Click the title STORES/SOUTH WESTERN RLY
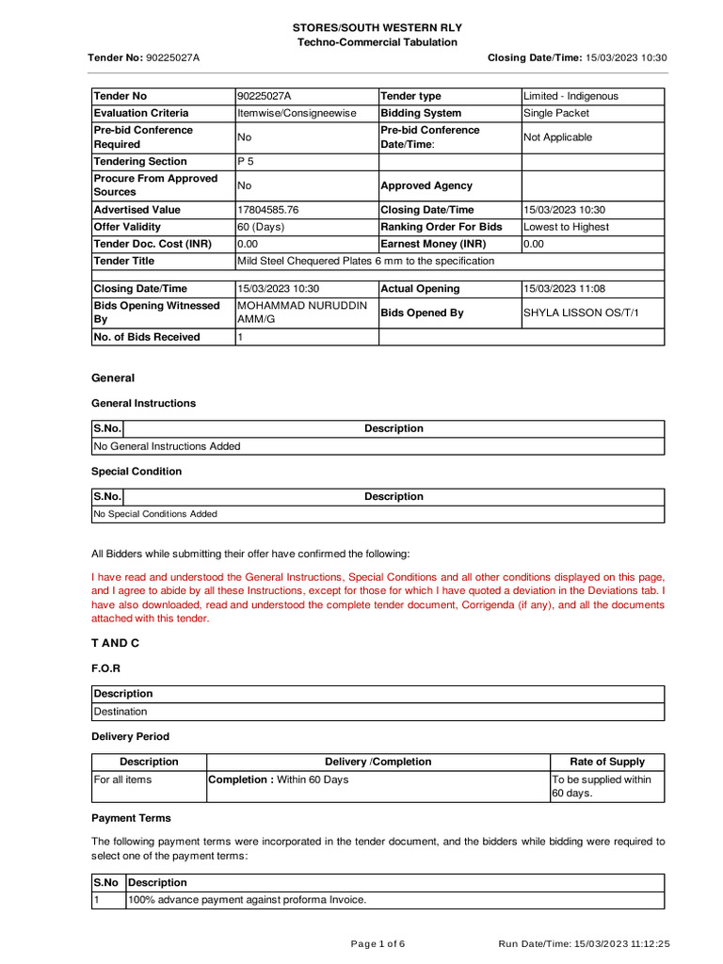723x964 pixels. click(x=377, y=28)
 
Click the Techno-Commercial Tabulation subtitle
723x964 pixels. click(x=377, y=42)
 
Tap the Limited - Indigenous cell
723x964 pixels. click(x=570, y=96)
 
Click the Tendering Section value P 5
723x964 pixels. click(x=246, y=161)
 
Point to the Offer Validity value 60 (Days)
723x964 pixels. click(x=261, y=227)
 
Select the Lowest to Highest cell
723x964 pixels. click(x=566, y=227)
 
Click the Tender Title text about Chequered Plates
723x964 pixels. click(x=365, y=261)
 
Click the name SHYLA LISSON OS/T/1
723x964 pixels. click(x=580, y=313)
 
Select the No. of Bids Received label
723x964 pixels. click(x=146, y=337)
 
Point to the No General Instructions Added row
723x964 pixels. click(x=167, y=446)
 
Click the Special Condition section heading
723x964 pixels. click(x=137, y=472)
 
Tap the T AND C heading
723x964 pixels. click(x=115, y=642)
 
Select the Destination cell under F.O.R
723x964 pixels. click(x=120, y=712)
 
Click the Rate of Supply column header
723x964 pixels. click(x=607, y=762)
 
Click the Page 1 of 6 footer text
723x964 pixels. click(x=378, y=943)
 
